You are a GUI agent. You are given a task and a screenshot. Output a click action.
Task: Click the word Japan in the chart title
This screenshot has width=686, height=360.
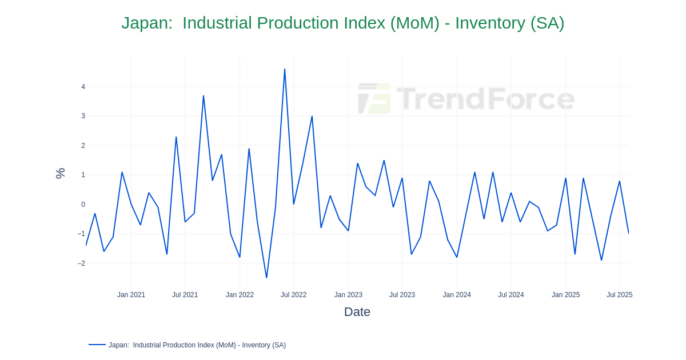pos(146,23)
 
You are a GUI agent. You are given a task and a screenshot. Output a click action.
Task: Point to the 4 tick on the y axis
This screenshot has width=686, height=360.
pos(83,87)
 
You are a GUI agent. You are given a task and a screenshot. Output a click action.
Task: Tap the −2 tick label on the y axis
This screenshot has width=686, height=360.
pos(81,263)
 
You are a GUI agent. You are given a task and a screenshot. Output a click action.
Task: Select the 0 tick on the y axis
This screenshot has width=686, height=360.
pos(83,205)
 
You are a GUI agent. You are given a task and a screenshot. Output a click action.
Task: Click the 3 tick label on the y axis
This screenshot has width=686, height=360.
pos(83,116)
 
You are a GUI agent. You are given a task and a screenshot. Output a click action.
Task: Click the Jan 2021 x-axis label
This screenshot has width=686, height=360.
pos(131,295)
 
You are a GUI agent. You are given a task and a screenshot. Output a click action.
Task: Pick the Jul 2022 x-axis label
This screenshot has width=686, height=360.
pos(293,295)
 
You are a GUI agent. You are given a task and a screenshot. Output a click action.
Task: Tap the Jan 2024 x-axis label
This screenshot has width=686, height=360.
pos(457,295)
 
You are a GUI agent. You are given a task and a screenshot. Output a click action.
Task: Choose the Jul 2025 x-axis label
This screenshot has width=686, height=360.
pos(619,295)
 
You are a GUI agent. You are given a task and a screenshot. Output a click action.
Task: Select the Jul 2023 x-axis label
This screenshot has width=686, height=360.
pos(402,295)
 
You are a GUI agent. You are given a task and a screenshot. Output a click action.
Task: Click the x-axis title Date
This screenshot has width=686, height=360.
pos(357,312)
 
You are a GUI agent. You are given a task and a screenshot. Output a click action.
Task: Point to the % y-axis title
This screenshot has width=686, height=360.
pos(60,173)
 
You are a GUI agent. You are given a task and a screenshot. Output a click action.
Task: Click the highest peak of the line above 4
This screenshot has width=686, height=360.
pos(285,70)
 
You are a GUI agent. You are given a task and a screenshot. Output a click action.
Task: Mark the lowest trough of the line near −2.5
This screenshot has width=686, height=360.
pos(266,278)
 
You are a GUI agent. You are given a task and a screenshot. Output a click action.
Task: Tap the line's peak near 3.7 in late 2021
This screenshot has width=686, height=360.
pos(204,96)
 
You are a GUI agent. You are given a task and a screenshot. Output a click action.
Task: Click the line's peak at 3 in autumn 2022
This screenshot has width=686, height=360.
pos(312,117)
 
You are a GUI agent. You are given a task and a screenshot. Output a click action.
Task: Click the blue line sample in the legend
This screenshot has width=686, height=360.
pos(97,345)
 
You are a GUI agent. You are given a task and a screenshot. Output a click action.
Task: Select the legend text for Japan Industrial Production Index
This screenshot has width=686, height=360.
pos(197,345)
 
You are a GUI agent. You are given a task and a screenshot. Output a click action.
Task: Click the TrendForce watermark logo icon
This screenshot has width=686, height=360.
pos(374,98)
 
